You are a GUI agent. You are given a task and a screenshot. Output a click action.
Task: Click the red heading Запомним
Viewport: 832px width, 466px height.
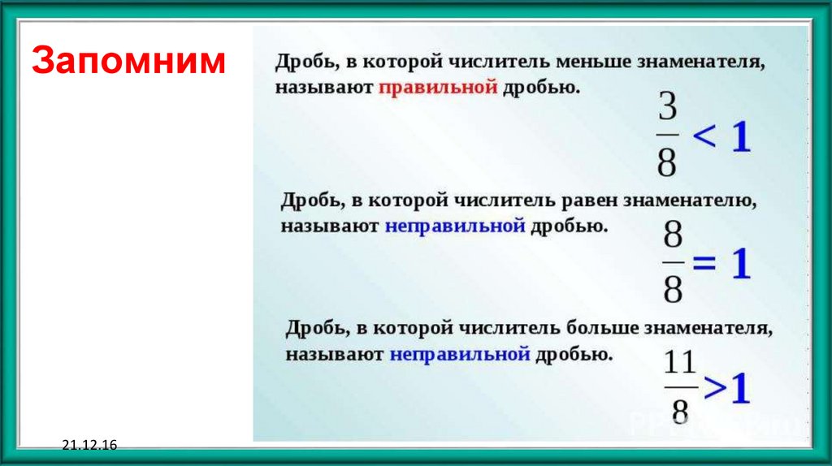[129, 60]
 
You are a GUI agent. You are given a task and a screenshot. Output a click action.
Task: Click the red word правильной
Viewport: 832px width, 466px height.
[438, 87]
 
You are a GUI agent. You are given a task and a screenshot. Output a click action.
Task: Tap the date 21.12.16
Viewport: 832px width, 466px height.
[89, 445]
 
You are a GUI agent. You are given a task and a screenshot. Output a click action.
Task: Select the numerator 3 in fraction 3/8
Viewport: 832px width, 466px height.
[668, 106]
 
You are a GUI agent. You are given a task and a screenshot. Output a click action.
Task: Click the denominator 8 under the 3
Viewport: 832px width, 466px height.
[667, 162]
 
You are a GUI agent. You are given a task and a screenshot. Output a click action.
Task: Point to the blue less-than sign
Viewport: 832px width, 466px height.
[704, 136]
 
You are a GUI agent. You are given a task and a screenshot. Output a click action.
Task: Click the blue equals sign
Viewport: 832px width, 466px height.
[704, 262]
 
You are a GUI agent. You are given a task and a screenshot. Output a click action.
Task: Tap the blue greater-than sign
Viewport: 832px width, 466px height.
[715, 388]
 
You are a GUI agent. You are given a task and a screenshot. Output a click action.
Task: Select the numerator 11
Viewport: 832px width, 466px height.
[680, 363]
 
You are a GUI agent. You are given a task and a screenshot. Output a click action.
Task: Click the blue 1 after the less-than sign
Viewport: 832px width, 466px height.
[742, 136]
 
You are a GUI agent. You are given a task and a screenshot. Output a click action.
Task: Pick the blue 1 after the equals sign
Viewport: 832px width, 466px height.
[741, 263]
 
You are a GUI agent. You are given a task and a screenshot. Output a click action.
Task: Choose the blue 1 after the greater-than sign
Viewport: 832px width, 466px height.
[739, 389]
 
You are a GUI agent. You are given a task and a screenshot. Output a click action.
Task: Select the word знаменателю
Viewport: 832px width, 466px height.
[689, 201]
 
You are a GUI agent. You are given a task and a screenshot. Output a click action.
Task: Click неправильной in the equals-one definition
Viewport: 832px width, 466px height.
[455, 227]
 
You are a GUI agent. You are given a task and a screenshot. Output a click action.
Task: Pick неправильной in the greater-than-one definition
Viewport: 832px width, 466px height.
[460, 354]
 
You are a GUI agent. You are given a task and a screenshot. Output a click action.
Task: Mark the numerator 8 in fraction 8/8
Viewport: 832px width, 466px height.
[672, 234]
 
